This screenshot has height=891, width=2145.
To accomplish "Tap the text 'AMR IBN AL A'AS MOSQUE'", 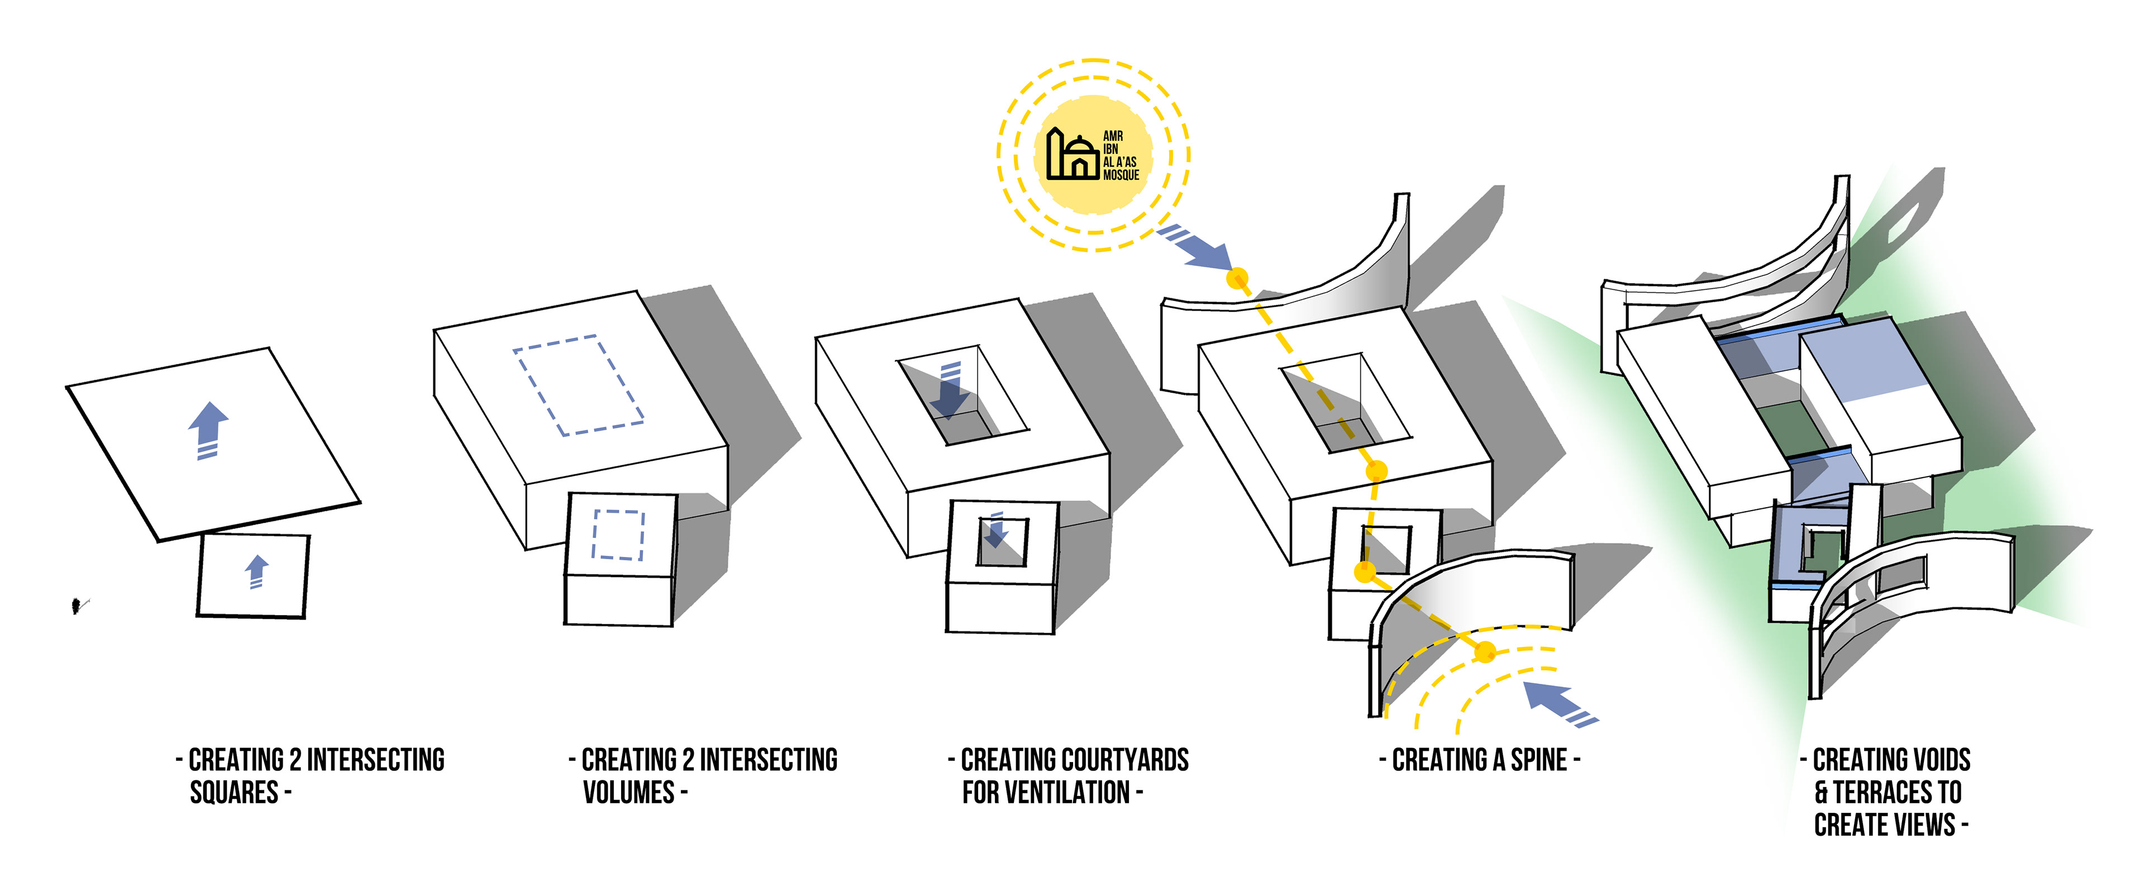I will coord(1120,156).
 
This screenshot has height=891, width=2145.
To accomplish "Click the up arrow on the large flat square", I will coord(208,429).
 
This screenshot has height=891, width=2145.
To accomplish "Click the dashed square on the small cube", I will coord(618,535).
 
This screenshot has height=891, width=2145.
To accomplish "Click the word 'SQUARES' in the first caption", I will coord(234,792).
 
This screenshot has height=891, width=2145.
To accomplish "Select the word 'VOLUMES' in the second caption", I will coord(628,792).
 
